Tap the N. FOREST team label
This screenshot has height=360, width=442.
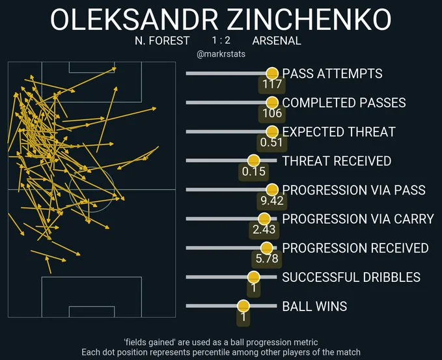point(162,40)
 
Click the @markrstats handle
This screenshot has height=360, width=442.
point(221,54)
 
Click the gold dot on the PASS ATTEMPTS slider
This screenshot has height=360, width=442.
point(271,74)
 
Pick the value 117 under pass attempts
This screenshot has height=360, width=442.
point(272,84)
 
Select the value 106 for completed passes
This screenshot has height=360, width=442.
point(272,113)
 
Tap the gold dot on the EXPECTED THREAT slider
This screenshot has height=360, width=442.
point(271,132)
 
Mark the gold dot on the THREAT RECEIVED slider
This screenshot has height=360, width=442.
point(253,161)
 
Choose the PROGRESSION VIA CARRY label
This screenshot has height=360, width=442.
point(357,219)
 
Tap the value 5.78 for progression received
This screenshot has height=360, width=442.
point(266,258)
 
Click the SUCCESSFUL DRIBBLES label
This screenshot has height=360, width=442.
point(351,277)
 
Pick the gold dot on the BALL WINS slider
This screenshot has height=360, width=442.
point(243,306)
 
